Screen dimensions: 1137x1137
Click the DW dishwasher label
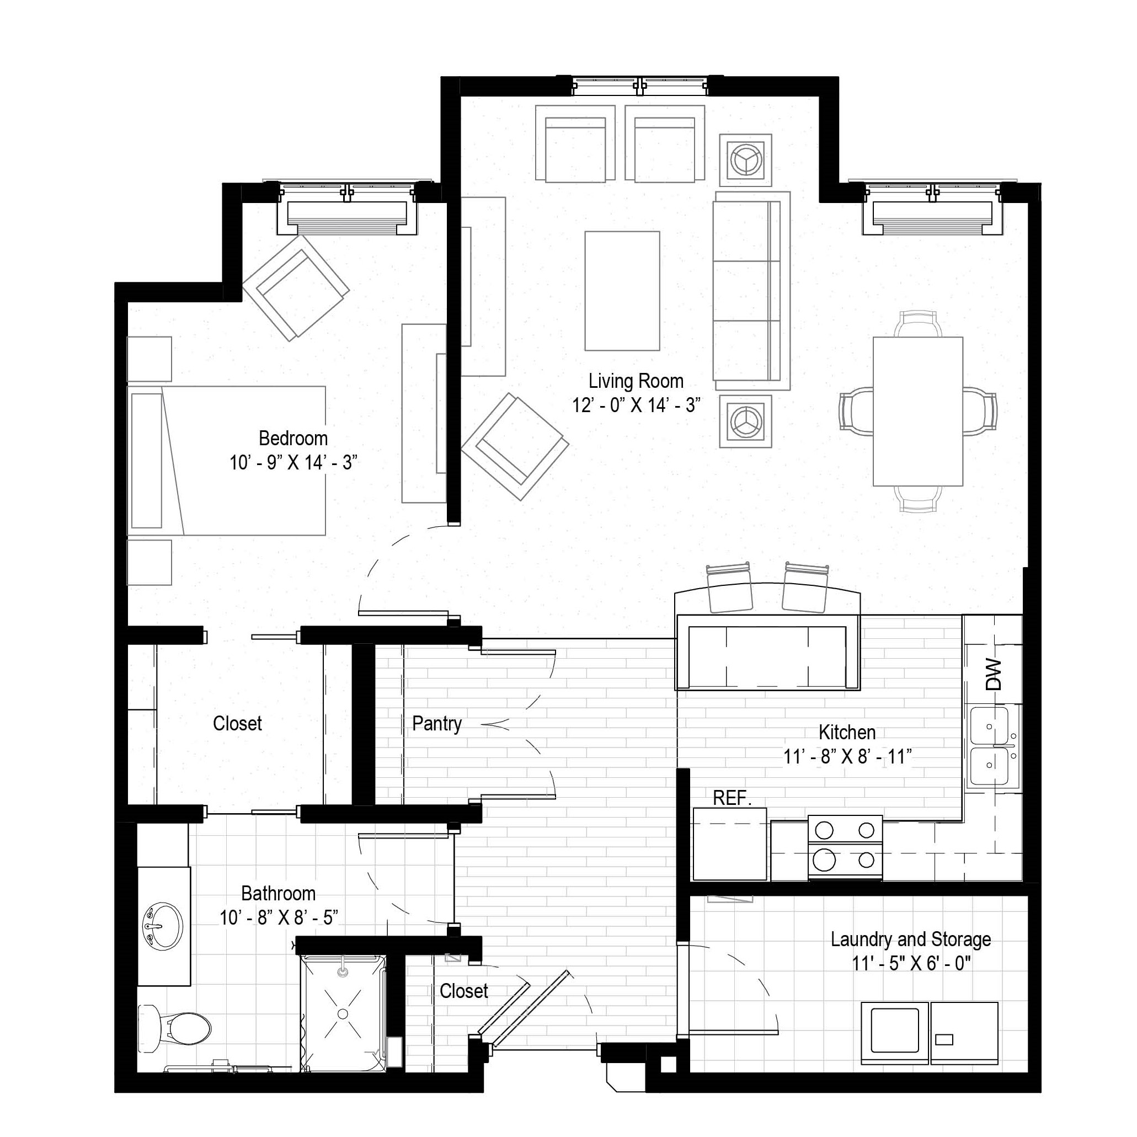point(993,675)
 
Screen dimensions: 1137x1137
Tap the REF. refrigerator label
point(732,798)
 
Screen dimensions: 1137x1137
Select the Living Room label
point(636,381)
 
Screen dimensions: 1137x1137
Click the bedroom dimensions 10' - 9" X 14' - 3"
point(293,462)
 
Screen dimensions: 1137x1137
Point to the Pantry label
point(437,723)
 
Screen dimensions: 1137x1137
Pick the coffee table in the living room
point(622,291)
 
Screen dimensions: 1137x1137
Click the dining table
point(917,412)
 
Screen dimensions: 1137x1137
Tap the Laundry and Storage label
point(910,940)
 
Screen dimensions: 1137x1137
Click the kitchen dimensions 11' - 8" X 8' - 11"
point(847,756)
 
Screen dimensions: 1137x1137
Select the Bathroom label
point(279,893)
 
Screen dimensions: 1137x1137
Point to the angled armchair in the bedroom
point(296,289)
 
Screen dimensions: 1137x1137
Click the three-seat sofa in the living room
point(751,291)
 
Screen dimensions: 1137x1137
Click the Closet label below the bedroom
point(237,723)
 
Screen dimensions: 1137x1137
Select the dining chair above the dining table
point(917,324)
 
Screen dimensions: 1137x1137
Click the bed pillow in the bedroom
point(147,461)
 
